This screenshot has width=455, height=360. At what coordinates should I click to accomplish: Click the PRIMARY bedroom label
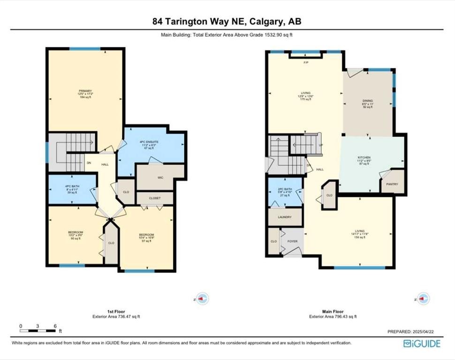tap(85, 91)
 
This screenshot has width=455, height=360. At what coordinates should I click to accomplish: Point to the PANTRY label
tap(392, 184)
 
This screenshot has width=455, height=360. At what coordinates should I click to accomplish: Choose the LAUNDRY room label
tap(285, 217)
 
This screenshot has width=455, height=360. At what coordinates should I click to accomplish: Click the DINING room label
tap(367, 100)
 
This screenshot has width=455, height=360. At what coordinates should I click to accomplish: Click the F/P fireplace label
tap(306, 63)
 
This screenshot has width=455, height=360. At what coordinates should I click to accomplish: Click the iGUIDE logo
tap(422, 344)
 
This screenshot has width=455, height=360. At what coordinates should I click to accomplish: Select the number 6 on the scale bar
tap(55, 326)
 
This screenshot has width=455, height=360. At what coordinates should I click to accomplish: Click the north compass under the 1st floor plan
tap(202, 299)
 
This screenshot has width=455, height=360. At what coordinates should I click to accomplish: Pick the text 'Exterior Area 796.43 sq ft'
tap(333, 316)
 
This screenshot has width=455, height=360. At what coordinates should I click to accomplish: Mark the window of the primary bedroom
tap(85, 49)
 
